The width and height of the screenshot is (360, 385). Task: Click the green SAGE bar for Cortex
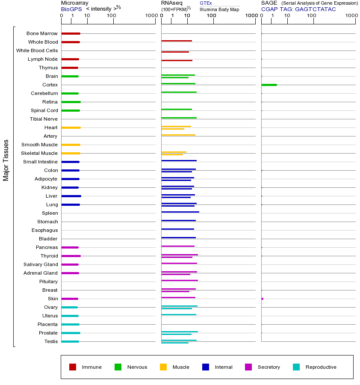pyautogui.click(x=269, y=85)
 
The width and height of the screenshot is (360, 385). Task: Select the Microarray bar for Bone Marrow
pyautogui.click(x=71, y=33)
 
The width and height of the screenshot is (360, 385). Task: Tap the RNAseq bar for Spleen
pyautogui.click(x=180, y=212)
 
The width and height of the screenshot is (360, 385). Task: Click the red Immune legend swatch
pyautogui.click(x=73, y=367)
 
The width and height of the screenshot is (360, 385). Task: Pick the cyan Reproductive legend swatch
pyautogui.click(x=296, y=367)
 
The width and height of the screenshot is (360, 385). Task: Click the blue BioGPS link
pyautogui.click(x=71, y=9)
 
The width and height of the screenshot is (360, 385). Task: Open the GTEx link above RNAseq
pyautogui.click(x=206, y=3)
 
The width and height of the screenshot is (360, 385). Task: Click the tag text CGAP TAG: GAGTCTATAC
pyautogui.click(x=298, y=9)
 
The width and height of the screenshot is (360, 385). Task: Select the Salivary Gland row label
pyautogui.click(x=41, y=264)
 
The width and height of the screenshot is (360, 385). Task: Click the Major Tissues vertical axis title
pyautogui.click(x=6, y=160)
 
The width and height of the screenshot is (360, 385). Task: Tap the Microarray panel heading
pyautogui.click(x=74, y=3)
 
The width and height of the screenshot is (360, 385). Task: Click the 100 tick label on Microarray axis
pyautogui.click(x=111, y=16)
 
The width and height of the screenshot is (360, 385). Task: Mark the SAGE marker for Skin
pyautogui.click(x=262, y=299)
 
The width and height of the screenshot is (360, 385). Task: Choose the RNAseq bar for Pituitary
pyautogui.click(x=180, y=280)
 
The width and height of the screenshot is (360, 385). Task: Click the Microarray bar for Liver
pyautogui.click(x=71, y=196)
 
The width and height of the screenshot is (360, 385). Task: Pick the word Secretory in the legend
pyautogui.click(x=269, y=367)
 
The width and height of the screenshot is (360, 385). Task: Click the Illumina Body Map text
pyautogui.click(x=219, y=9)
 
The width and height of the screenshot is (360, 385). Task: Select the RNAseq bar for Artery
pyautogui.click(x=178, y=135)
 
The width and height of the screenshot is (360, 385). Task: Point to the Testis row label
pyautogui.click(x=51, y=341)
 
